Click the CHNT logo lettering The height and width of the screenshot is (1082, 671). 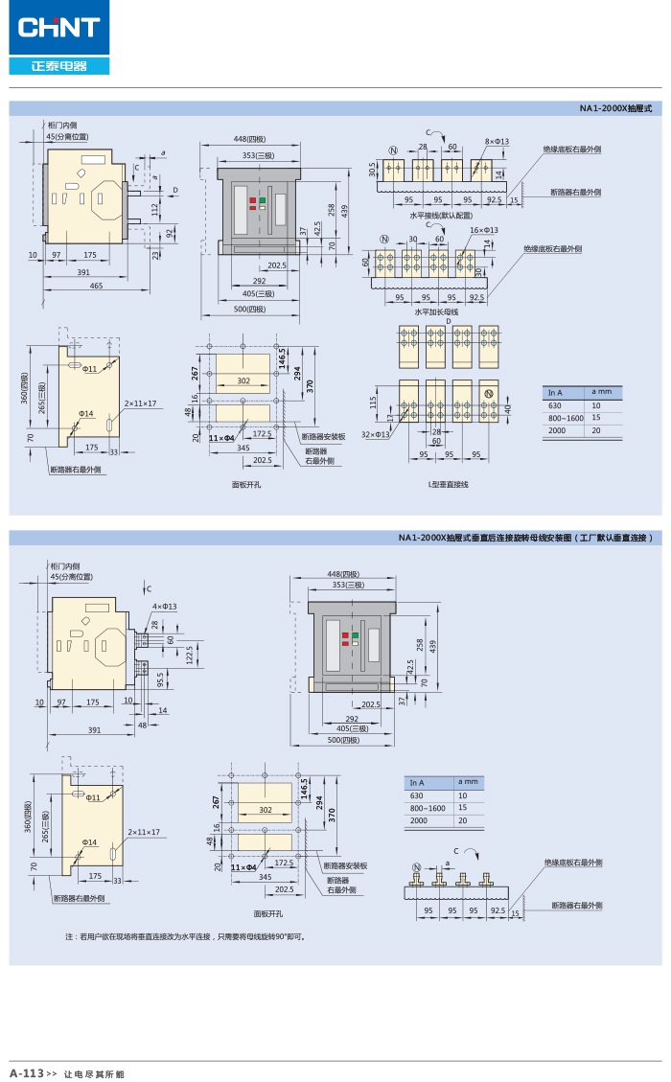tap(58, 27)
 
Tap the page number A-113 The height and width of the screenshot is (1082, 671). tap(27, 1073)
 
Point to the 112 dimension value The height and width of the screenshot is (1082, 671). tap(155, 206)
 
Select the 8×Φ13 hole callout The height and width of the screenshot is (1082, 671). tap(497, 141)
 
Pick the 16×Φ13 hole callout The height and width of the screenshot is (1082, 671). tap(483, 230)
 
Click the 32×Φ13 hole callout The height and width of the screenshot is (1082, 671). tap(376, 434)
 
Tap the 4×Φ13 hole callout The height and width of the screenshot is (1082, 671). tap(164, 607)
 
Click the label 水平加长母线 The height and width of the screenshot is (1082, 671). tap(436, 311)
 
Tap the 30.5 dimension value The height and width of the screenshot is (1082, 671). tap(372, 170)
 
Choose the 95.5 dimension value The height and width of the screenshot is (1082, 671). tap(160, 679)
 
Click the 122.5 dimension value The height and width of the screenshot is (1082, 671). tap(189, 654)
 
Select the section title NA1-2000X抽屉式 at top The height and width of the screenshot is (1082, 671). tap(615, 108)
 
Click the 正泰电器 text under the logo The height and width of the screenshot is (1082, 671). tap(58, 66)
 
